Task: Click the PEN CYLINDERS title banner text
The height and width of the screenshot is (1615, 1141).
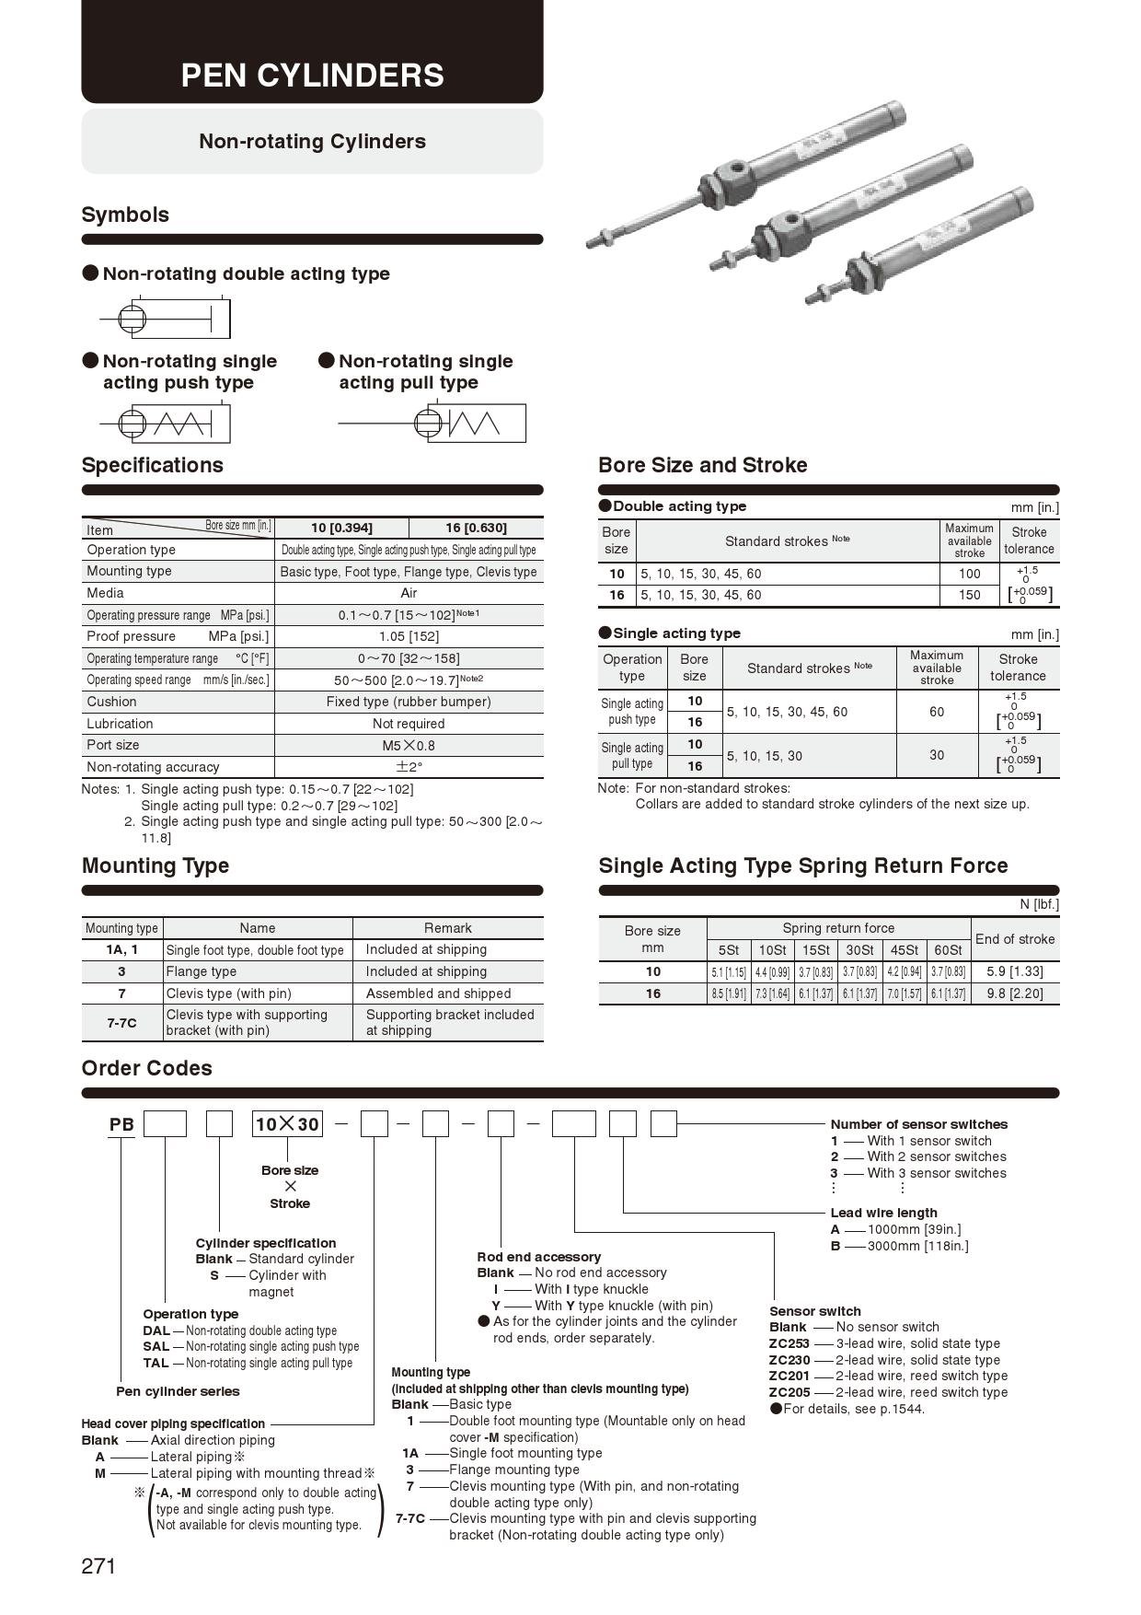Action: (312, 76)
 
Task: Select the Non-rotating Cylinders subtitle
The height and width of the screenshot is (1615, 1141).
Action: (312, 141)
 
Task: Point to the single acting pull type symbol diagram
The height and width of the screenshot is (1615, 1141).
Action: (432, 424)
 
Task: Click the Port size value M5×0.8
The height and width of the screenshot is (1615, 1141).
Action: (409, 745)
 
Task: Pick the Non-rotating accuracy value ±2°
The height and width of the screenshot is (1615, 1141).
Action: (409, 767)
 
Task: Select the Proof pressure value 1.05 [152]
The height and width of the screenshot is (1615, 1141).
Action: (409, 636)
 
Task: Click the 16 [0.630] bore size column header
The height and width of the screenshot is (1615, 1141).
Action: (476, 528)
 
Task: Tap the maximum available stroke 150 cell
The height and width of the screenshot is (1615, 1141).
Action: (969, 595)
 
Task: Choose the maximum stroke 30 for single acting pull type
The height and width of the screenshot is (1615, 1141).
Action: (936, 755)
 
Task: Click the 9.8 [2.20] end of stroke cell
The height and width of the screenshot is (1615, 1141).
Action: (1014, 993)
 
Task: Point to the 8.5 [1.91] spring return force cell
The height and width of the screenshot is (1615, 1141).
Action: (728, 993)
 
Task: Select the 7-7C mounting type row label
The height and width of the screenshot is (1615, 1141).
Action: (121, 1022)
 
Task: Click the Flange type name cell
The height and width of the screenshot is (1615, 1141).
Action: (202, 971)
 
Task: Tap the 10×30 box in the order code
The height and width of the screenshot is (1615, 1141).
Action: (287, 1124)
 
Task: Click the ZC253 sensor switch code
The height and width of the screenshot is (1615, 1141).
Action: (789, 1343)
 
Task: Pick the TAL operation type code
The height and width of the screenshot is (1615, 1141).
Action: (156, 1363)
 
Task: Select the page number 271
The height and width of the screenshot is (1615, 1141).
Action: (98, 1566)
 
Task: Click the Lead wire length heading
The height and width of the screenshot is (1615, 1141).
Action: (883, 1213)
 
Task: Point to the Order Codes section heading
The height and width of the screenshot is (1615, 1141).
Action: (146, 1068)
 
